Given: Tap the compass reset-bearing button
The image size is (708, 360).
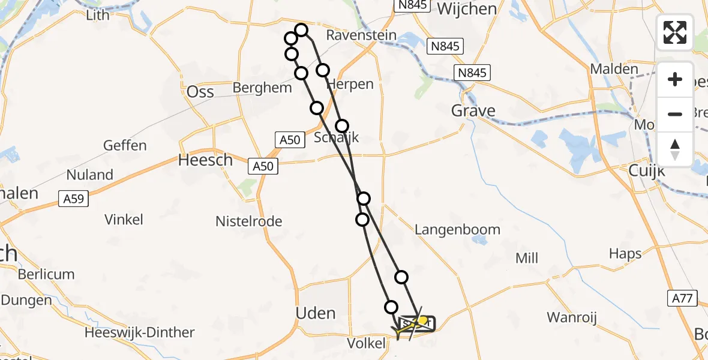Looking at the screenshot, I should [675, 149].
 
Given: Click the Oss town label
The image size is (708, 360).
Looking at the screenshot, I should [200, 92].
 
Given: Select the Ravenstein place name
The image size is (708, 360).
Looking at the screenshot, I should [361, 35].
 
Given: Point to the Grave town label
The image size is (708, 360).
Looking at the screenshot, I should [473, 111].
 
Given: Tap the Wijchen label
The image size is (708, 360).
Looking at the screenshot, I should [467, 9].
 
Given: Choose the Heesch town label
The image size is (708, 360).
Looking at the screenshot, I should [205, 160].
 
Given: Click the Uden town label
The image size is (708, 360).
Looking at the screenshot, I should [316, 313].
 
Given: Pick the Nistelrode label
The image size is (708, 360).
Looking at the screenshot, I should [249, 221].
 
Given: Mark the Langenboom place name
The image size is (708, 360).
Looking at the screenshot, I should [457, 230].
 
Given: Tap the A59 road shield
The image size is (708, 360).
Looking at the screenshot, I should [73, 197].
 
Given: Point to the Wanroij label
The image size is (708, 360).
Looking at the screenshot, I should [571, 317].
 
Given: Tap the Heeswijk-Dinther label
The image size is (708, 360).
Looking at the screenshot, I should [140, 332].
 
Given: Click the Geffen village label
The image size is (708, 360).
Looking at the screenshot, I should [125, 146].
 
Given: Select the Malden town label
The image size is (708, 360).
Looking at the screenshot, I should [614, 69].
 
